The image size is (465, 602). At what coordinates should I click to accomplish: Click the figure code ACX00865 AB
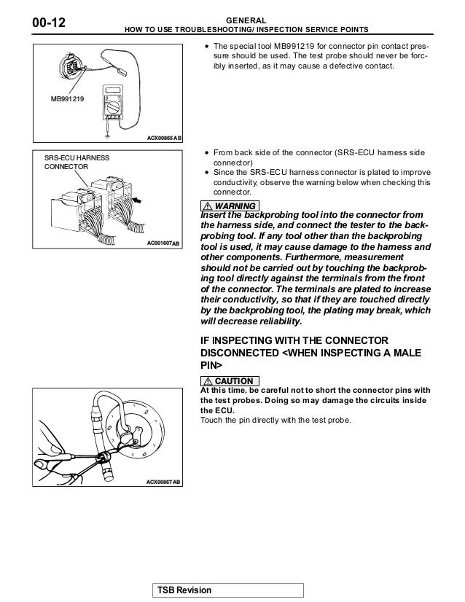click(x=163, y=138)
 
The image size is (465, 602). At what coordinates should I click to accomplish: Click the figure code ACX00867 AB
click(x=163, y=482)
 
